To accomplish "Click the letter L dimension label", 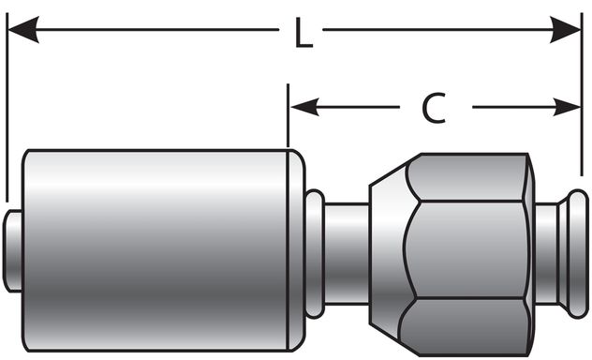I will pos(302,35).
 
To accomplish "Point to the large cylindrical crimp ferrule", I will pos(155,248).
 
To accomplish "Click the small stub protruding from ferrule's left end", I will pos(13,250).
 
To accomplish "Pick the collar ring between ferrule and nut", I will pos(315,250).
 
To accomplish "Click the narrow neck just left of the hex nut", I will pos(347,250).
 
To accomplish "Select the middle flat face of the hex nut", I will pos(466,250).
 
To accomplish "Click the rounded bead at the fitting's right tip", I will pos(578,250).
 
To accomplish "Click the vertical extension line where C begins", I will pos(289,117).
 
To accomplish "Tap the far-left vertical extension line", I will pos(7,112).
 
